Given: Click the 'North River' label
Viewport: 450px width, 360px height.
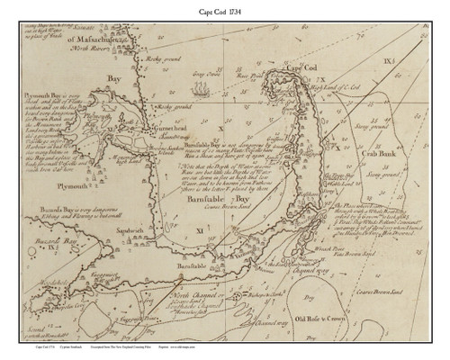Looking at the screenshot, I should (x=135, y=49).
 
